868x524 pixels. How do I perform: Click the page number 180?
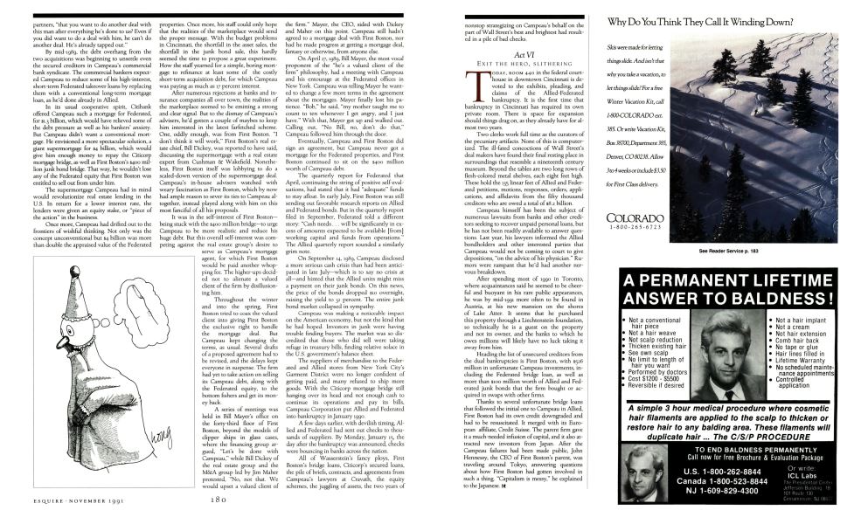pos(219,500)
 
